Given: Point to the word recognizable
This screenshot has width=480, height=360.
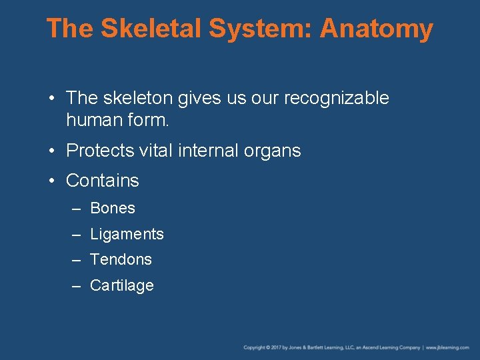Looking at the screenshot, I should [337, 98].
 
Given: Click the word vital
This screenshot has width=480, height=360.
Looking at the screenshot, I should [155, 151].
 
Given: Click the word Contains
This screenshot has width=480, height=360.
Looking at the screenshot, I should [103, 181].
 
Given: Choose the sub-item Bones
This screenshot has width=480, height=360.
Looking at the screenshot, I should [113, 208].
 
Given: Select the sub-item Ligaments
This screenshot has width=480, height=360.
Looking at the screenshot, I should [127, 234].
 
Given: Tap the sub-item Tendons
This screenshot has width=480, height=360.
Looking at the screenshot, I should [121, 259].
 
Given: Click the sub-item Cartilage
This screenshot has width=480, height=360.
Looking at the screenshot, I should [122, 285].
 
